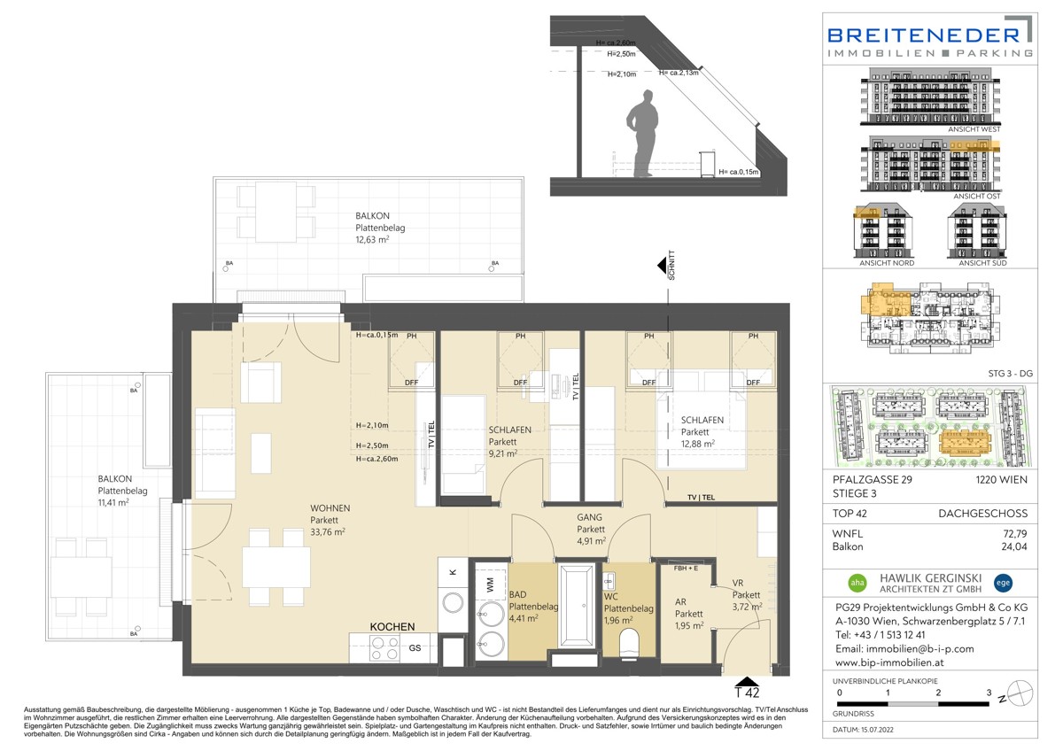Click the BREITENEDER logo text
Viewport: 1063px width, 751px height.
click(x=924, y=35)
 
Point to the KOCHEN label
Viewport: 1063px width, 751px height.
click(x=392, y=626)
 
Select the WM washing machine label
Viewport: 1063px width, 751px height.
click(x=490, y=585)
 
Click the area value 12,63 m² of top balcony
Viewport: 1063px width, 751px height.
click(x=374, y=238)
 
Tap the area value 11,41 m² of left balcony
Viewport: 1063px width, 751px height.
click(x=113, y=502)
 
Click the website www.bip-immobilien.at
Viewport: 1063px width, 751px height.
click(x=894, y=662)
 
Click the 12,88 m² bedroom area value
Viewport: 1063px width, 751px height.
click(x=699, y=444)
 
